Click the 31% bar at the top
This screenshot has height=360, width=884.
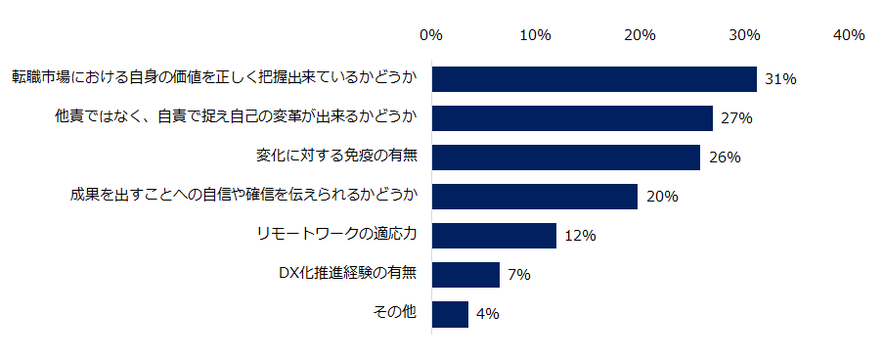(594, 79)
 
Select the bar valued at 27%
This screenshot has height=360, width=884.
(572, 118)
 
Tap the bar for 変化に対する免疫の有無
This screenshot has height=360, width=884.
(566, 157)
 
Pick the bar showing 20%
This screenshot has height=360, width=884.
(534, 197)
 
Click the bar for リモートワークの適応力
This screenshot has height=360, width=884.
(494, 236)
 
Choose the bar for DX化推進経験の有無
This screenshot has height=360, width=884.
(465, 275)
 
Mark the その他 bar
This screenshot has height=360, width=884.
(450, 314)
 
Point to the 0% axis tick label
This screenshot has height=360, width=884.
(431, 35)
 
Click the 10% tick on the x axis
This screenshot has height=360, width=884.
(535, 35)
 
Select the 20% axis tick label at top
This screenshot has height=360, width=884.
(640, 35)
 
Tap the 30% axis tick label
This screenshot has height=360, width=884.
(744, 35)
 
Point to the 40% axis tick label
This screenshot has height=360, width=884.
(848, 35)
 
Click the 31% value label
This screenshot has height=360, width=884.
(781, 79)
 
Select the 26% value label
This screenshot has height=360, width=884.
(725, 157)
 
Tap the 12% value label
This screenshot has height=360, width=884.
(581, 236)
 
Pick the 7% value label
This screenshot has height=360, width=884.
(519, 275)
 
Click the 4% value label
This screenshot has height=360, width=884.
(488, 314)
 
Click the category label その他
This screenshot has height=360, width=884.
(395, 313)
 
